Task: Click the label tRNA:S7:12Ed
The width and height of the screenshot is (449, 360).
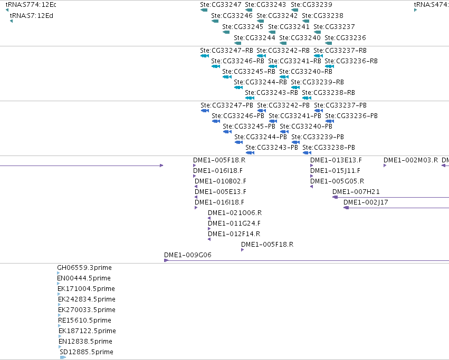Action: [x=32, y=16]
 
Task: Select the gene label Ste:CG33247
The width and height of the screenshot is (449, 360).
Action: [x=221, y=5]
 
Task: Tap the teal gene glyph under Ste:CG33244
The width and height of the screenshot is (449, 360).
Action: [x=237, y=43]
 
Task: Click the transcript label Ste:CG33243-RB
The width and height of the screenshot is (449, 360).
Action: [x=272, y=93]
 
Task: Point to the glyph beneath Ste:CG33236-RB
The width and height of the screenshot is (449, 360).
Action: [x=330, y=66]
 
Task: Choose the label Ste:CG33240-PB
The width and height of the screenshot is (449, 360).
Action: [x=306, y=127]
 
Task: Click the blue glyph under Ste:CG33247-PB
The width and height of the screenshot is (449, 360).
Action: [x=205, y=111]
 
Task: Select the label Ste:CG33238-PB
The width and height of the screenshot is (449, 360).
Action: [x=329, y=148]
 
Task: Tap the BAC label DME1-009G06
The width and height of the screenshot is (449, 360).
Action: [x=188, y=255]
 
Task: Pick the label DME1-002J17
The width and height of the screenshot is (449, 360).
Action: [x=366, y=202]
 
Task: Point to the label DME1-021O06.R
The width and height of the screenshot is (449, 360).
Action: [x=235, y=213]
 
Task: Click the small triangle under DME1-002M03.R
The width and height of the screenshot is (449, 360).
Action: [x=385, y=166]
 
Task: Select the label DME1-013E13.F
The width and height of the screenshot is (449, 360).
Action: [x=336, y=160]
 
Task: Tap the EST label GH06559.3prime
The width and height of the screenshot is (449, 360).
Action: [x=84, y=268]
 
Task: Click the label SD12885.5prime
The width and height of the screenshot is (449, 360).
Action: [x=87, y=352]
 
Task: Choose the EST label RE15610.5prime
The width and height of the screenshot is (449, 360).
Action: [x=84, y=320]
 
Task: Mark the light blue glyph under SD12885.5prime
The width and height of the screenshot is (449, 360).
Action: [x=63, y=357]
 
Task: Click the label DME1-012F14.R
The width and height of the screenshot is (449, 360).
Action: [x=234, y=234]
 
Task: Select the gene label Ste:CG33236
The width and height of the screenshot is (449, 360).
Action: [x=346, y=38]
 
